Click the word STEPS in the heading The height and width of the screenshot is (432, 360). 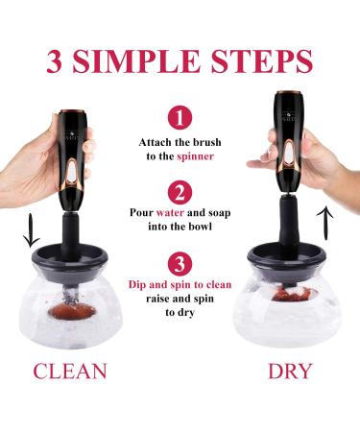pyautogui.click(x=262, y=60)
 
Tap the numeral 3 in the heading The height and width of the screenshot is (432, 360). pyautogui.click(x=54, y=60)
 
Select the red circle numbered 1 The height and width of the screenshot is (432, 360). pyautogui.click(x=180, y=118)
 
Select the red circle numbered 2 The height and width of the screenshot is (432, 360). pyautogui.click(x=180, y=193)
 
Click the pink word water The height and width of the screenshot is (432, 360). pyautogui.click(x=170, y=213)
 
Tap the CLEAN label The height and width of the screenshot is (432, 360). pyautogui.click(x=70, y=372)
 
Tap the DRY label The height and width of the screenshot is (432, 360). pyautogui.click(x=290, y=372)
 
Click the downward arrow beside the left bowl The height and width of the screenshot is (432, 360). pyautogui.click(x=31, y=230)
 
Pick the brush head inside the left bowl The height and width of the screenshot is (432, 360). pyautogui.click(x=72, y=311)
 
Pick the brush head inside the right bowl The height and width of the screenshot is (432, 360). pyautogui.click(x=289, y=294)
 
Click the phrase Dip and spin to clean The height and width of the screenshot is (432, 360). pyautogui.click(x=180, y=284)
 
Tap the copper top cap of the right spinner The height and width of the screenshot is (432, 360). pyautogui.click(x=288, y=93)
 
